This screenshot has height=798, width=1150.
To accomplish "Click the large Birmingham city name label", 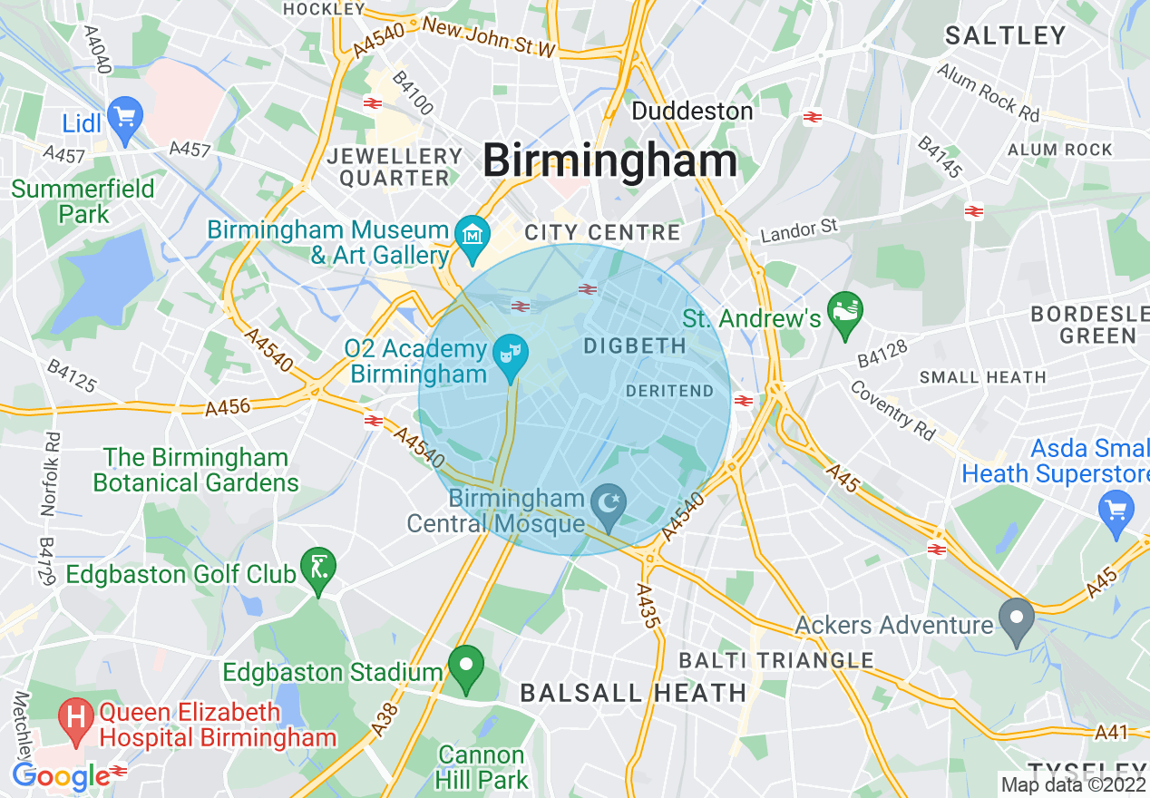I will click(x=609, y=162).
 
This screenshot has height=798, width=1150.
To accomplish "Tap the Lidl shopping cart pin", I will click(x=124, y=119).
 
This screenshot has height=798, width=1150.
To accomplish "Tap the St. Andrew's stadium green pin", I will click(x=845, y=313).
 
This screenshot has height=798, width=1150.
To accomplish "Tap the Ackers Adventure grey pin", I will click(x=1016, y=618).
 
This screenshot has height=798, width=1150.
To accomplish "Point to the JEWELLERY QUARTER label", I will click(x=395, y=167).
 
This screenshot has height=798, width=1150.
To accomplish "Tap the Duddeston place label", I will click(x=692, y=112).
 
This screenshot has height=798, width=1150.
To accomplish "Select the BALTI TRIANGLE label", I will click(x=776, y=660).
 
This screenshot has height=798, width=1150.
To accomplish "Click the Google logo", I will click(x=61, y=776).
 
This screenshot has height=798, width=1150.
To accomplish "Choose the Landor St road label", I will click(x=799, y=230).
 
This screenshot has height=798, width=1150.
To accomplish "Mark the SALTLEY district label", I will click(x=1005, y=36).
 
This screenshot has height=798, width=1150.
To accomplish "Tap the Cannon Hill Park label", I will click(x=481, y=766).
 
